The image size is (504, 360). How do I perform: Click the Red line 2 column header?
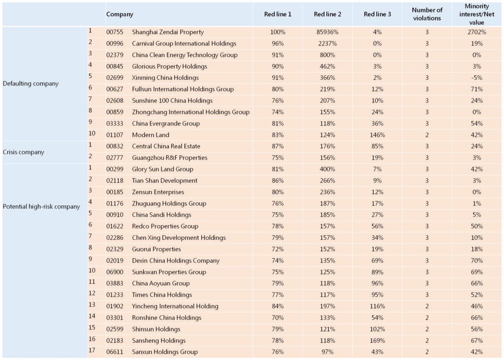coord(326,14)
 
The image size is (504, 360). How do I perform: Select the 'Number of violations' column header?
coord(427,14)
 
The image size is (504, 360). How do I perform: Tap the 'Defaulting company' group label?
coord(31,83)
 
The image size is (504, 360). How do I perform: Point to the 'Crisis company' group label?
coord(23,152)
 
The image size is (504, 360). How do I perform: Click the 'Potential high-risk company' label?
coord(41,206)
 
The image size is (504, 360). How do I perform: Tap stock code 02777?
coord(115,158)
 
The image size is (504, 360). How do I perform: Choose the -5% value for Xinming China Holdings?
coord(477,78)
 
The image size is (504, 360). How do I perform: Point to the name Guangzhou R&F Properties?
coord(169,158)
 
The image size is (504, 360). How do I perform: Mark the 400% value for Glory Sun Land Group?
coord(326,169)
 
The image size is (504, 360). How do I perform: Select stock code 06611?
coord(115,352)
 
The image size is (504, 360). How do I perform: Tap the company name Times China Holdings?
coord(162,295)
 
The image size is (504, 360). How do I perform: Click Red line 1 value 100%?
coord(278,32)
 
